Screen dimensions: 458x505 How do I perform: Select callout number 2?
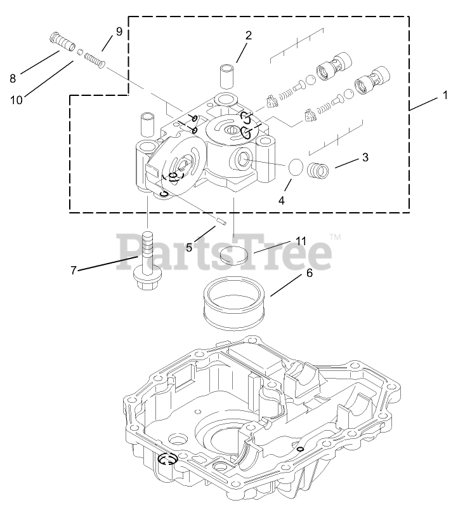[249, 36]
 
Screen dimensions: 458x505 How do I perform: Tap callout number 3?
[365, 158]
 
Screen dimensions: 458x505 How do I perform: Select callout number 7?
[74, 270]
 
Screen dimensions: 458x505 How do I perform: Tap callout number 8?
[12, 79]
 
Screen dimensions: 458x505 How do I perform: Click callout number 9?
[119, 31]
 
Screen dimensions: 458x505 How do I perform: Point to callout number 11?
[301, 241]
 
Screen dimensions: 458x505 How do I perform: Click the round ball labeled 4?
[295, 168]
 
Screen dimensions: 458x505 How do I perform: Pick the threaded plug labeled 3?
[317, 170]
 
